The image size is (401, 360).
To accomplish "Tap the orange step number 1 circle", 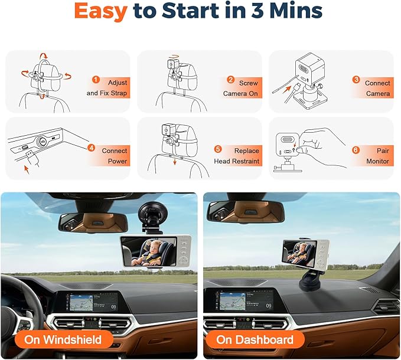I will (x=96, y=79).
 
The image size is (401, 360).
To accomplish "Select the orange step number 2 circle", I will (x=232, y=79).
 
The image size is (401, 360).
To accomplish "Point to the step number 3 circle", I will (x=356, y=79).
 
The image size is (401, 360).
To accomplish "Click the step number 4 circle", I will (x=92, y=148).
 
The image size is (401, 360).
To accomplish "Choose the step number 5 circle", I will (x=218, y=149).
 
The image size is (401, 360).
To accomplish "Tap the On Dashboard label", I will (x=255, y=339).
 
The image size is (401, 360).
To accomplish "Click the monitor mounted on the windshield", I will (x=155, y=251).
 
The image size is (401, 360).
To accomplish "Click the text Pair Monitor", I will (x=377, y=155).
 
